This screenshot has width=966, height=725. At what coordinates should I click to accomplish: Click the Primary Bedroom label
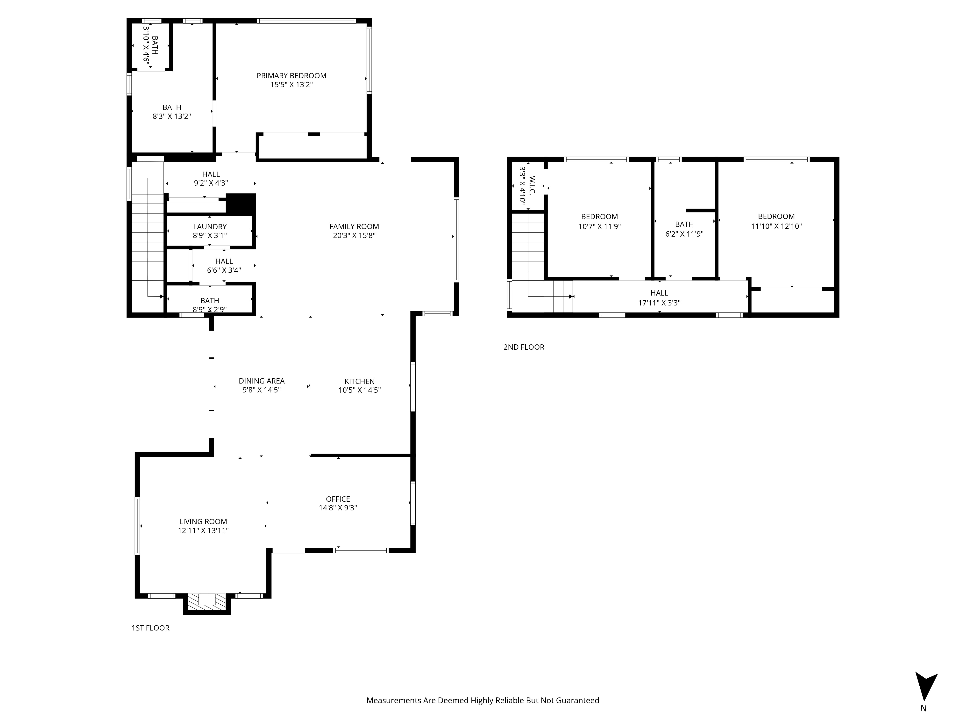[291, 76]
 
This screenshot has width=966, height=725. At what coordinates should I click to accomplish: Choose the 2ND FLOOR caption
[524, 347]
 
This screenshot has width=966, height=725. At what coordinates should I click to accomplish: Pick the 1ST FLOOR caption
[150, 628]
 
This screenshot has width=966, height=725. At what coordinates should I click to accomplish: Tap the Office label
[338, 499]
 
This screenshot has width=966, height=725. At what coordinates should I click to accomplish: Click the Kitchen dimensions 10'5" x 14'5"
[359, 390]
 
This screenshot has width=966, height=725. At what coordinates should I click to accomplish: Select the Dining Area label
[262, 381]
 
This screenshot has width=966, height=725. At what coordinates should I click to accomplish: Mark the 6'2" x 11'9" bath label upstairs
[684, 229]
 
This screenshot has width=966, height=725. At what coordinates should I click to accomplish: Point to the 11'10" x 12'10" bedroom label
[776, 222]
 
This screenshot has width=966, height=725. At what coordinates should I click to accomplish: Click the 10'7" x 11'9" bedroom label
[599, 222]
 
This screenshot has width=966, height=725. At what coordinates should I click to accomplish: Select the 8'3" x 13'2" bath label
[172, 112]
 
